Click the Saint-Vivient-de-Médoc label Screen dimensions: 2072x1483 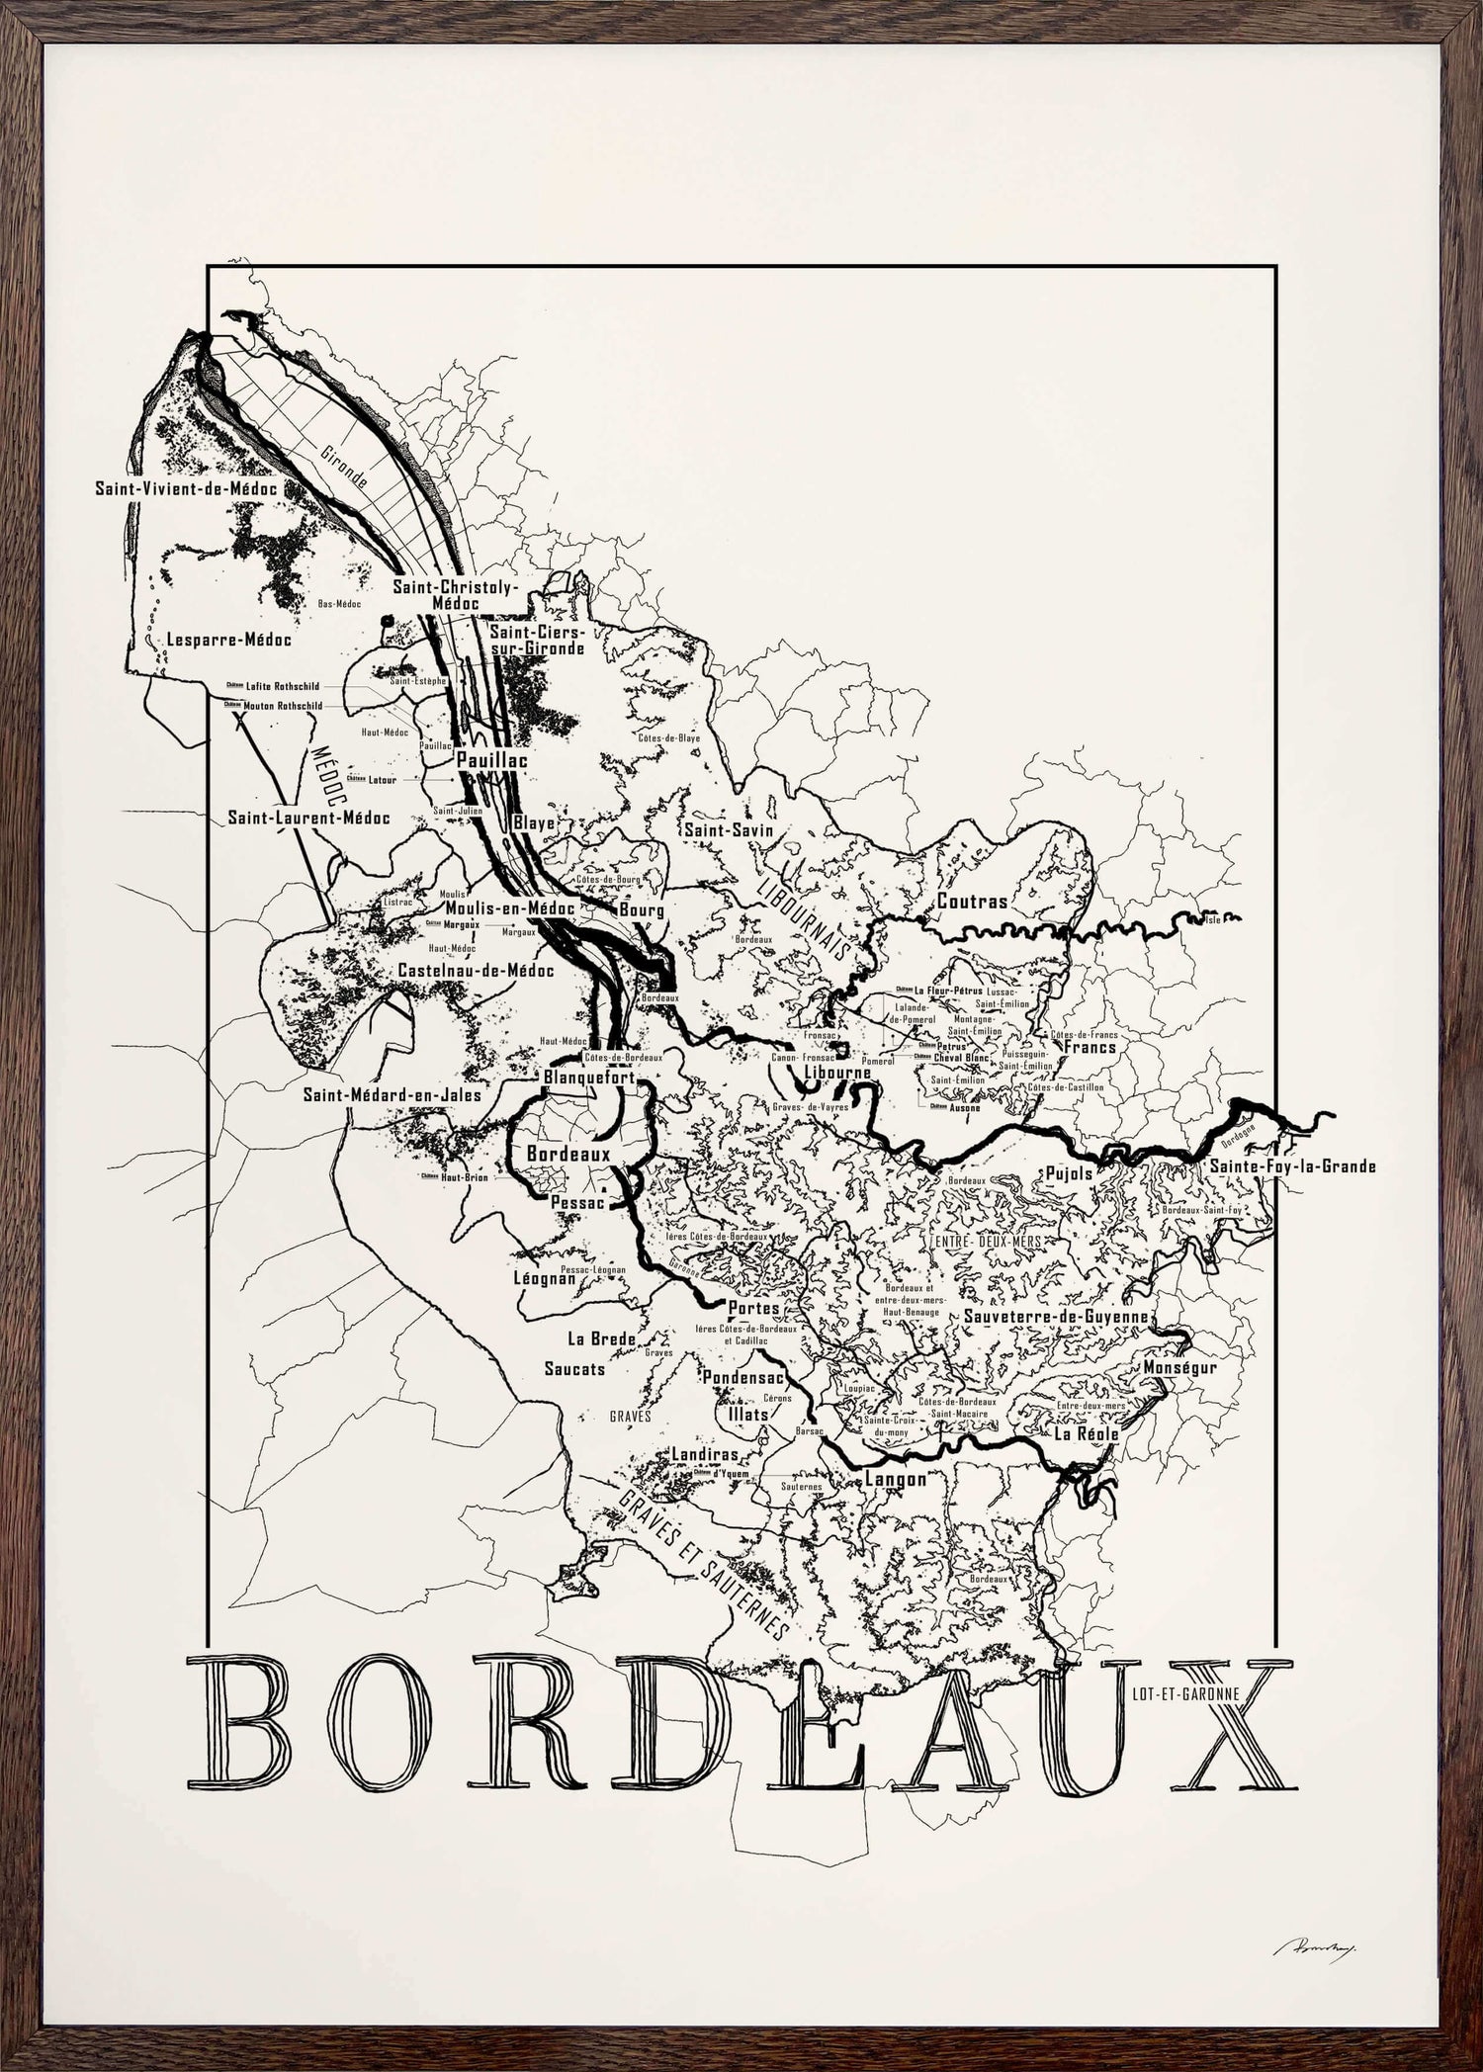(185, 488)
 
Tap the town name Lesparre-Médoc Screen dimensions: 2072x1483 (229, 640)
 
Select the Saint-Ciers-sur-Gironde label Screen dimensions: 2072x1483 (538, 640)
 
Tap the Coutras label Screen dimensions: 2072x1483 (972, 902)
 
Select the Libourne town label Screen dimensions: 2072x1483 (837, 1073)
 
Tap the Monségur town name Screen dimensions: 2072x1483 (1179, 1368)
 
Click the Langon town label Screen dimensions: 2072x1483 (895, 1480)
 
